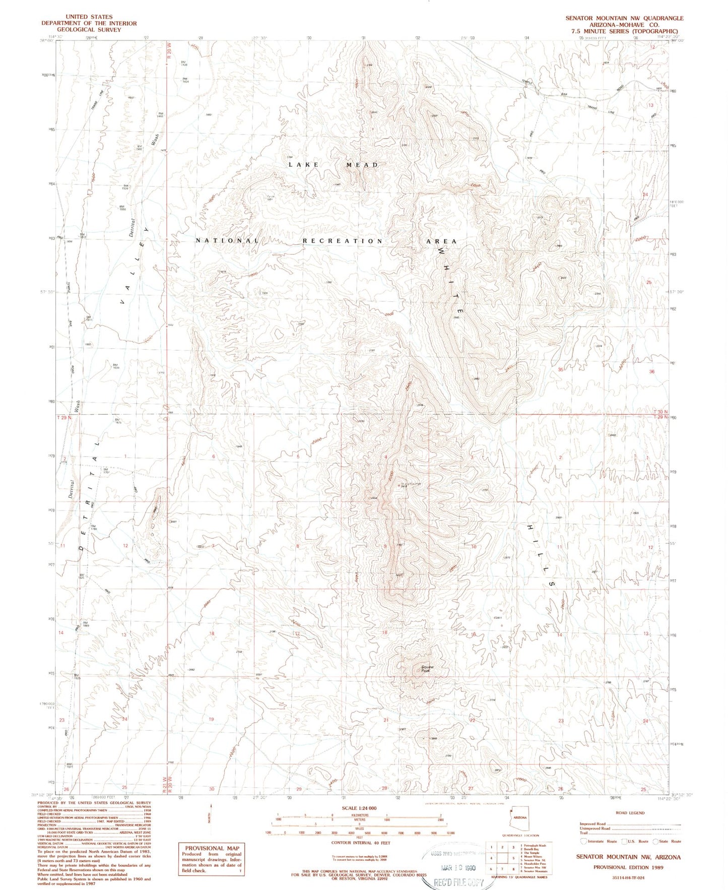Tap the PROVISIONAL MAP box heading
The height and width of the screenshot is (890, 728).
(x=212, y=848)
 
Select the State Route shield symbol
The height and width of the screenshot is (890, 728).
(x=655, y=841)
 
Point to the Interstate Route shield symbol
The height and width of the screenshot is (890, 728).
(x=583, y=841)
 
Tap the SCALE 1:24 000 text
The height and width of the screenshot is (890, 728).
(x=359, y=808)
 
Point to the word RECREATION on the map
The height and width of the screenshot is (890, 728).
(x=343, y=241)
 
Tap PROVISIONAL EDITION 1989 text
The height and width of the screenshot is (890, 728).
(x=628, y=867)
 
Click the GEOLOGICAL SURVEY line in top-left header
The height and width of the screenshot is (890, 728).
(x=89, y=30)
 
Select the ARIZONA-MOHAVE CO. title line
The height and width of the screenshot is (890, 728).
(x=624, y=24)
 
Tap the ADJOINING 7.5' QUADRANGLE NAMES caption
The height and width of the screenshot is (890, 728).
(x=519, y=877)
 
